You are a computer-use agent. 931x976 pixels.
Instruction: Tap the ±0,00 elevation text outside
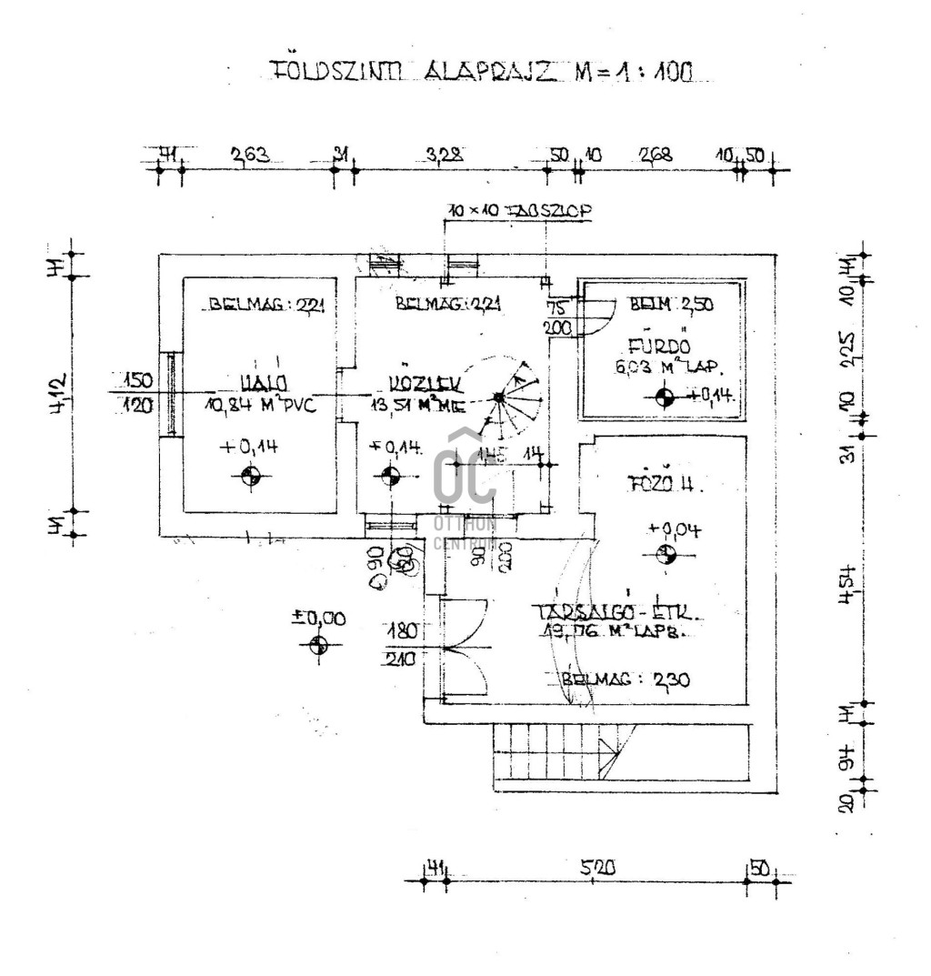click(318, 619)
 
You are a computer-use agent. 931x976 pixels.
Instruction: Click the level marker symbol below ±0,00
click(318, 645)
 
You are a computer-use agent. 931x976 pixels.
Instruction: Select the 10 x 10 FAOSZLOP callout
click(519, 212)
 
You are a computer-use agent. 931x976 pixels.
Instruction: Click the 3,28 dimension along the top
click(445, 156)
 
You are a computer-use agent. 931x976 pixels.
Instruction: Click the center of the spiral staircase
click(499, 397)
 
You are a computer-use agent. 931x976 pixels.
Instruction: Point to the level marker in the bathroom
click(665, 396)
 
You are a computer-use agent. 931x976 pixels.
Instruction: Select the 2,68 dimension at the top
click(656, 155)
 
